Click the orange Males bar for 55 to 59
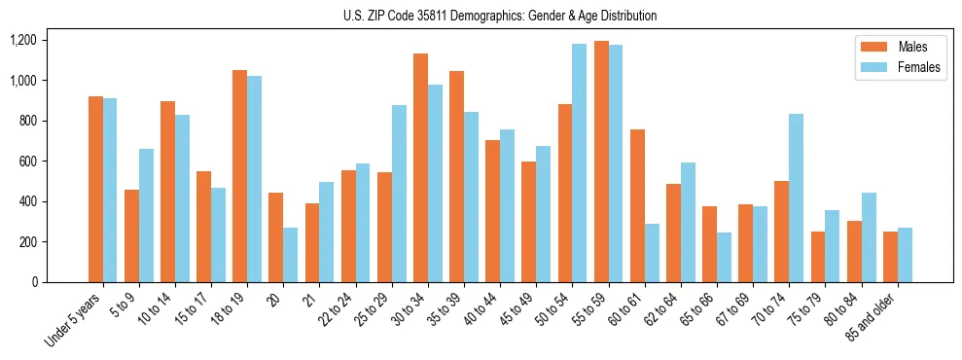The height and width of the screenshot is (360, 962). tap(601, 162)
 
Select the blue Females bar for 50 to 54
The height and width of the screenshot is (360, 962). tap(580, 163)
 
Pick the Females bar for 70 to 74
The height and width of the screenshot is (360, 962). tap(797, 198)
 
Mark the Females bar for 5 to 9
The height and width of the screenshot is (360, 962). tap(146, 215)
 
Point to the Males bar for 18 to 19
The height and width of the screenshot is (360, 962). tap(240, 176)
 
